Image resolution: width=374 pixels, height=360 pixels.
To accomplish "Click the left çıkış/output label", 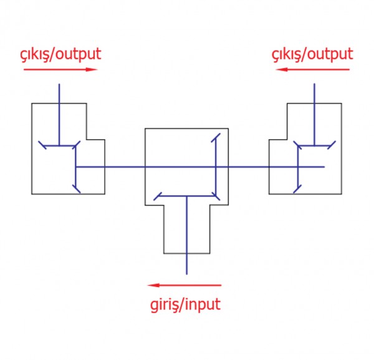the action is point(60,55).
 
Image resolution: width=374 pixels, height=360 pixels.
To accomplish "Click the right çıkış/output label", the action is point(312,55).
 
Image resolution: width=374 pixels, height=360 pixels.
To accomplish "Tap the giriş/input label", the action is point(185,305).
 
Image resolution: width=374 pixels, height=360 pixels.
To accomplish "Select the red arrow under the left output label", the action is point(60,70).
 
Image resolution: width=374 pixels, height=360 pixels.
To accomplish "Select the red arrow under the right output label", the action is point(312,70).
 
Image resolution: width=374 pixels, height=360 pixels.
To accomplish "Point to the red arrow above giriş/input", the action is point(185,285).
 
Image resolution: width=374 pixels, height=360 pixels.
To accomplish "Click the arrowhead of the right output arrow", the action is point(281,70).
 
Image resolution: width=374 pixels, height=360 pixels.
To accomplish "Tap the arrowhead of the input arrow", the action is point(153,285).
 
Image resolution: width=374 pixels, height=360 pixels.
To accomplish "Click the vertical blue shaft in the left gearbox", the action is point(59,115).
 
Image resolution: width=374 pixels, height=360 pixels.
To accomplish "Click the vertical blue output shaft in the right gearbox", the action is point(314,115).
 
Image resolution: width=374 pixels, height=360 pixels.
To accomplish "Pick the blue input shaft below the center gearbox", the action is point(186,235).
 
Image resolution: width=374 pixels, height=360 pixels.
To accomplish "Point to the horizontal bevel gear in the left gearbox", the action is point(59,145).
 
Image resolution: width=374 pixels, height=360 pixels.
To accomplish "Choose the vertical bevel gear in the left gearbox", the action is point(76,167).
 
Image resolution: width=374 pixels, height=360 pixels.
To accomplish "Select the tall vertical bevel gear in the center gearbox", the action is point(216,167).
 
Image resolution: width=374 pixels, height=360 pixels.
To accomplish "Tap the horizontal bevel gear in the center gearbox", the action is point(187,196).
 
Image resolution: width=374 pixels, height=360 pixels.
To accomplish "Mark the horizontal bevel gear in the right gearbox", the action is point(314,145).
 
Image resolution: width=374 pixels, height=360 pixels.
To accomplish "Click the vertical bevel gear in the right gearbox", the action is point(297,167).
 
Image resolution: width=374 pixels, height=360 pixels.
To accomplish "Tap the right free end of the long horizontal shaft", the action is point(324,167).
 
